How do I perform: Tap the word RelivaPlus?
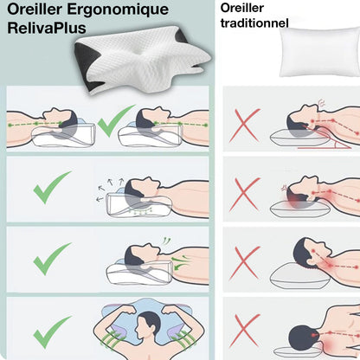43,32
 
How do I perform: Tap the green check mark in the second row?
51,187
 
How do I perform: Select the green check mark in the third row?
51,258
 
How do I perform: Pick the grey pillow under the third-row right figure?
298,275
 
